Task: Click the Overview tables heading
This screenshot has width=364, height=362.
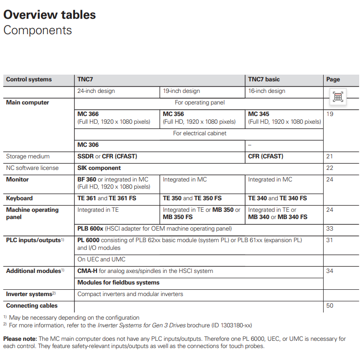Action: pos(50,14)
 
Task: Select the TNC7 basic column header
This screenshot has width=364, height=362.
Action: pos(264,79)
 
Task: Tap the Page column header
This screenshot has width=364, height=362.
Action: pos(333,79)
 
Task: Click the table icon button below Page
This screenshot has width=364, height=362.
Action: pos(338,97)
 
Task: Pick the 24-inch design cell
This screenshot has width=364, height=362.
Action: pos(96,91)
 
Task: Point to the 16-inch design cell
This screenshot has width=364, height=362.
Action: pos(266,91)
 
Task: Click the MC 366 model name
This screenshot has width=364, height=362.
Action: pos(88,114)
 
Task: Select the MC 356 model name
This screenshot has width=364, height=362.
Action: pos(173,114)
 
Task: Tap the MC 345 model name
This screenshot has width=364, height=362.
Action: pos(259,114)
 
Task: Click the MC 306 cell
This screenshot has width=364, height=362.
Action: pos(88,144)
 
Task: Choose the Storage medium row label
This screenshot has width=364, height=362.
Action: pos(28,156)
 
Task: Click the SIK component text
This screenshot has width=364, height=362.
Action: pos(99,168)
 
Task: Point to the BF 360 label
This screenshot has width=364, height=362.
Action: pos(87,180)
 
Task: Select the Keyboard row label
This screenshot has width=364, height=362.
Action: pos(19,198)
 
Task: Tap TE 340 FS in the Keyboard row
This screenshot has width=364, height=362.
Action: pos(293,198)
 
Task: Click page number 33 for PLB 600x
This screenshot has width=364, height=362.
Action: pos(329,229)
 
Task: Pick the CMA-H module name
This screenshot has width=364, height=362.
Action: pos(88,271)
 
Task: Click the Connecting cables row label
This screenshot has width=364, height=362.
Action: pos(32,306)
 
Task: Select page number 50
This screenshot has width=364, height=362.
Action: pos(329,306)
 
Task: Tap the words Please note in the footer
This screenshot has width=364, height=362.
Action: pos(20,339)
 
